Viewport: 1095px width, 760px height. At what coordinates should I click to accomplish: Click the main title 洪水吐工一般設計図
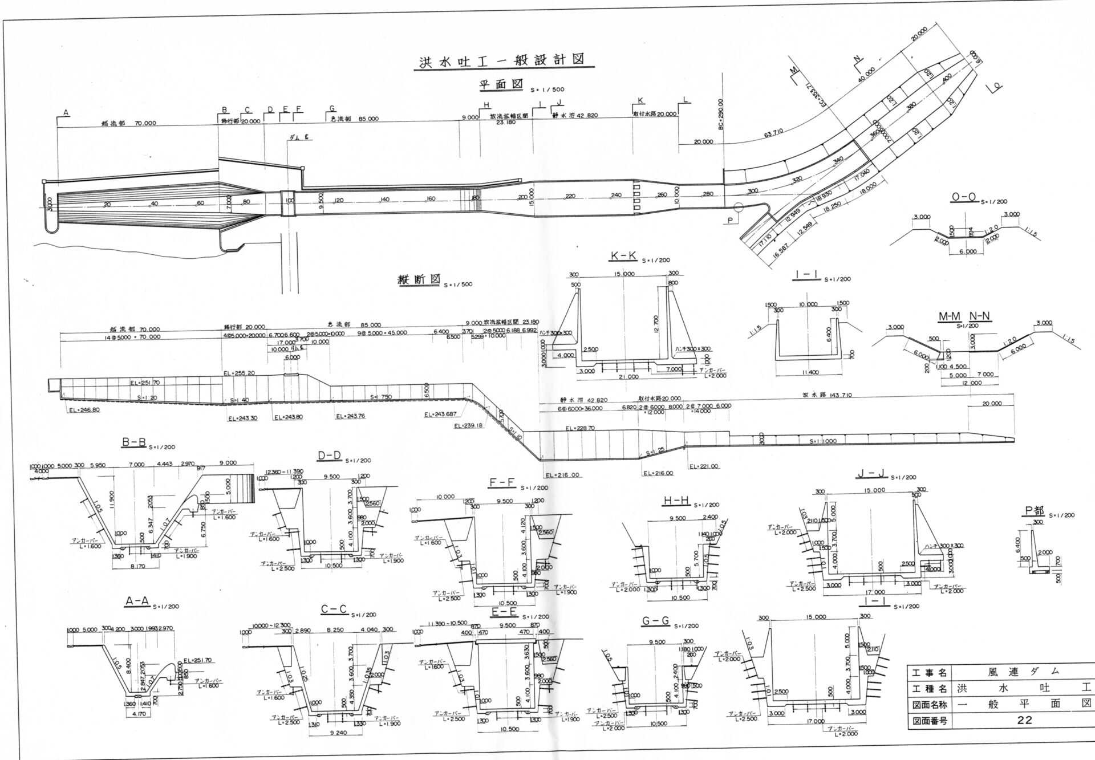500,60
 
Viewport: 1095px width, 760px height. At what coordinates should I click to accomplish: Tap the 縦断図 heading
419,281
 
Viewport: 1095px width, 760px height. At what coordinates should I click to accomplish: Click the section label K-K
623,256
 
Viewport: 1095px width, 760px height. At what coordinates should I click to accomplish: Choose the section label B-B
134,442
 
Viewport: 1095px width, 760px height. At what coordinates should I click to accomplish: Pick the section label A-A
137,601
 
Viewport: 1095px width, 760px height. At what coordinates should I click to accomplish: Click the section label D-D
330,455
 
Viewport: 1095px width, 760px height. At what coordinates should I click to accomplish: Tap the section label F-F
502,483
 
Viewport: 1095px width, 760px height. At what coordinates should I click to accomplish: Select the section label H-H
676,501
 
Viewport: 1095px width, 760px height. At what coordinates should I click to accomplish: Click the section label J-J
871,474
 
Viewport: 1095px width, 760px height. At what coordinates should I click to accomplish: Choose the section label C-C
334,609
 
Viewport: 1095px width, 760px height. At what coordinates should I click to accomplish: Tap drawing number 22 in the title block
1024,736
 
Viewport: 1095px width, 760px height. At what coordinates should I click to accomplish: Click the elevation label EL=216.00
562,475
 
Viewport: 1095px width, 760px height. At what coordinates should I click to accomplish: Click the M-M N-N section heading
964,316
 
